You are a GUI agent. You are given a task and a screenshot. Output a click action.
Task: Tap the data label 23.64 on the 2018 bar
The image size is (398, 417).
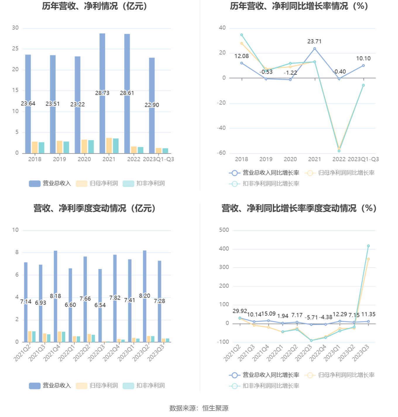(x=28, y=104)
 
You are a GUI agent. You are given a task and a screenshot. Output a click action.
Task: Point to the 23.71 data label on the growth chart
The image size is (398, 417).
(x=314, y=42)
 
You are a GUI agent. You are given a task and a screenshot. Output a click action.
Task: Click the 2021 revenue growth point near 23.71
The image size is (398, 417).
(x=315, y=49)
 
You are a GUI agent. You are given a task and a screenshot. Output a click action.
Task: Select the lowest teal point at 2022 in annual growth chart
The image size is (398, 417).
(x=339, y=151)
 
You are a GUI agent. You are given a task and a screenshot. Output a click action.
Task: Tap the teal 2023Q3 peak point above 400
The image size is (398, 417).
(x=368, y=246)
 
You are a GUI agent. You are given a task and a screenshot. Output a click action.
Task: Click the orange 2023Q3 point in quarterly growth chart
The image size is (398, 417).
(x=368, y=259)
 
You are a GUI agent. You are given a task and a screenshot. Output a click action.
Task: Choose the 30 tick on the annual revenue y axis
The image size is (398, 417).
(x=15, y=28)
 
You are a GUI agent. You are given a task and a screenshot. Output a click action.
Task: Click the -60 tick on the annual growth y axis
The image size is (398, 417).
(x=221, y=153)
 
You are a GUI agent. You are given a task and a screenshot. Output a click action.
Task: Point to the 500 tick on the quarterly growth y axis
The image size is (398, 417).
(x=224, y=230)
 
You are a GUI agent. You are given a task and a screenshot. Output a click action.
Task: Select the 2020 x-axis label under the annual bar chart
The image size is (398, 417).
(x=84, y=159)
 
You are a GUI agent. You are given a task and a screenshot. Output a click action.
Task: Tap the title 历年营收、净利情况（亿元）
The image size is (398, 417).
(x=95, y=6)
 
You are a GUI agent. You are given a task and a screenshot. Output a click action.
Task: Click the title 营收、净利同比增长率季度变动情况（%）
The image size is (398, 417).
(x=299, y=208)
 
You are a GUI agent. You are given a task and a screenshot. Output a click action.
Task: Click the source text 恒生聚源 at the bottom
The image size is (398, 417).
(x=215, y=408)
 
